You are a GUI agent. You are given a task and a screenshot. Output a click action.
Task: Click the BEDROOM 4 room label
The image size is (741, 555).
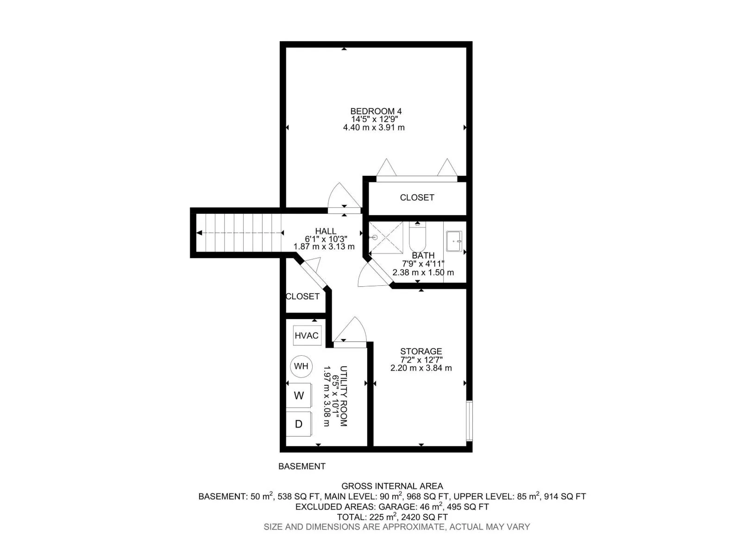(x=376, y=111)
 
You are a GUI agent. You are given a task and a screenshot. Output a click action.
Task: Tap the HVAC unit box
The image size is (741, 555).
(x=307, y=335)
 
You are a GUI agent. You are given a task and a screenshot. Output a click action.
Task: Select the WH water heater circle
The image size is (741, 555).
(x=301, y=366)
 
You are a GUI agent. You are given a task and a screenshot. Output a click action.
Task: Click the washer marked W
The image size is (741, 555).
(x=299, y=395)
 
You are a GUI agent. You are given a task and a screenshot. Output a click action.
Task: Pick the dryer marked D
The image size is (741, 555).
(x=299, y=424)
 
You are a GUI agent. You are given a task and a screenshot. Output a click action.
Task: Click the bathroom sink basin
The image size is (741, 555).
(x=454, y=241)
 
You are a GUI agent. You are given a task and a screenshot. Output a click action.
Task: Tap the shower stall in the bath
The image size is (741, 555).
(x=386, y=238)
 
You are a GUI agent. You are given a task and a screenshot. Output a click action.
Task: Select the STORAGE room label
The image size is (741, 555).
(x=421, y=351)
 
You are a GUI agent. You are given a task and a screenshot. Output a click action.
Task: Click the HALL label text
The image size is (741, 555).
(x=326, y=231)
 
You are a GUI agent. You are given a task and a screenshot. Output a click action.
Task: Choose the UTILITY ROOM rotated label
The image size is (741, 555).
(x=343, y=396)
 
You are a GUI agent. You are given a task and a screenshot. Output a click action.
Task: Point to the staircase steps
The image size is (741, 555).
(x=239, y=233)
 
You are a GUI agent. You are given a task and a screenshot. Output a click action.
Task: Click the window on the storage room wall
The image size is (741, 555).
(x=469, y=420)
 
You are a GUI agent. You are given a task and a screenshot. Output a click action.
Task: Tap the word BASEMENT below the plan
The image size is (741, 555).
(x=302, y=466)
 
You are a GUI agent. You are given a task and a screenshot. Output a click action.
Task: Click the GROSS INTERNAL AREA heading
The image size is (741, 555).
(x=392, y=486)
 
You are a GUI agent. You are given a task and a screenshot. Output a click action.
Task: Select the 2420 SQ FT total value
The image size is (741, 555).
(x=424, y=517)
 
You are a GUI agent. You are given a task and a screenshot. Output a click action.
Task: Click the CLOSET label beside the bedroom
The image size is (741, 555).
(x=417, y=197)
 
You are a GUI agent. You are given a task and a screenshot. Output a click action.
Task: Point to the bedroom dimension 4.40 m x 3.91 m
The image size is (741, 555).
(x=374, y=128)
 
